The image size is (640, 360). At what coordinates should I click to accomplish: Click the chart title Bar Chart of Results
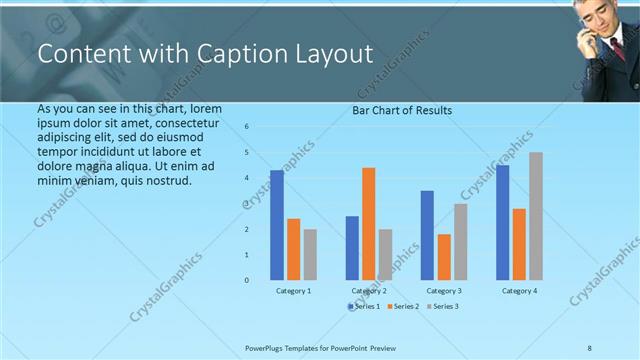coord(402,110)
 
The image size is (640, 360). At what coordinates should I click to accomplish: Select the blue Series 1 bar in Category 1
coord(277,225)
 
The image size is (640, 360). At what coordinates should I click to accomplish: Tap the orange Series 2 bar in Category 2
coord(368,223)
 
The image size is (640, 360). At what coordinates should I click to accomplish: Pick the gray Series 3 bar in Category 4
coord(536,216)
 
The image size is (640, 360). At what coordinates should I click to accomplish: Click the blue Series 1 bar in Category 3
coord(427,235)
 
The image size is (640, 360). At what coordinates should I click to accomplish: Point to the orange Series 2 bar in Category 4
coord(519,244)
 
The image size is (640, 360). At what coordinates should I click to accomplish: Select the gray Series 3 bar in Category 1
coord(310,254)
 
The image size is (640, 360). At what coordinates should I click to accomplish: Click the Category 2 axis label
coord(368,291)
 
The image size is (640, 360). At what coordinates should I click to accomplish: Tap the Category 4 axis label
coord(518,291)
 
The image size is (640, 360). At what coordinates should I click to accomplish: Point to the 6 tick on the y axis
coord(247,127)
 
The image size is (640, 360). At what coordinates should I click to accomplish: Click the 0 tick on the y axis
coord(247,280)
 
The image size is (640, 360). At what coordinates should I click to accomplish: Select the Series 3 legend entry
coord(441,306)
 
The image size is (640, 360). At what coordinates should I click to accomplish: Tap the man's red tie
coord(618,48)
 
